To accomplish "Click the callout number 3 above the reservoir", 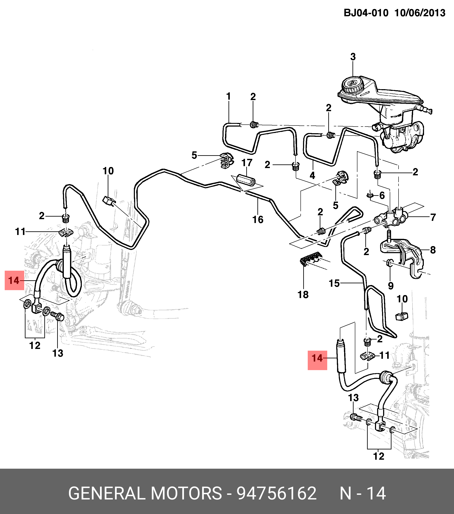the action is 353,57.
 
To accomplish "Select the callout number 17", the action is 247,163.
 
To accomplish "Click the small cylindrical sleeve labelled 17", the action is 247,181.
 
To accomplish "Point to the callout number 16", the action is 258,220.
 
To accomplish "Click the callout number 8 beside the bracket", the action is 433,250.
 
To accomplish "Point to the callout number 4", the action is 312,175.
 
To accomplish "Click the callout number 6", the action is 382,195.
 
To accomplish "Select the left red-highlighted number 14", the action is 14,280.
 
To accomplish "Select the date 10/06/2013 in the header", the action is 420,13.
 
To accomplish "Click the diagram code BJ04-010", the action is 366,13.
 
